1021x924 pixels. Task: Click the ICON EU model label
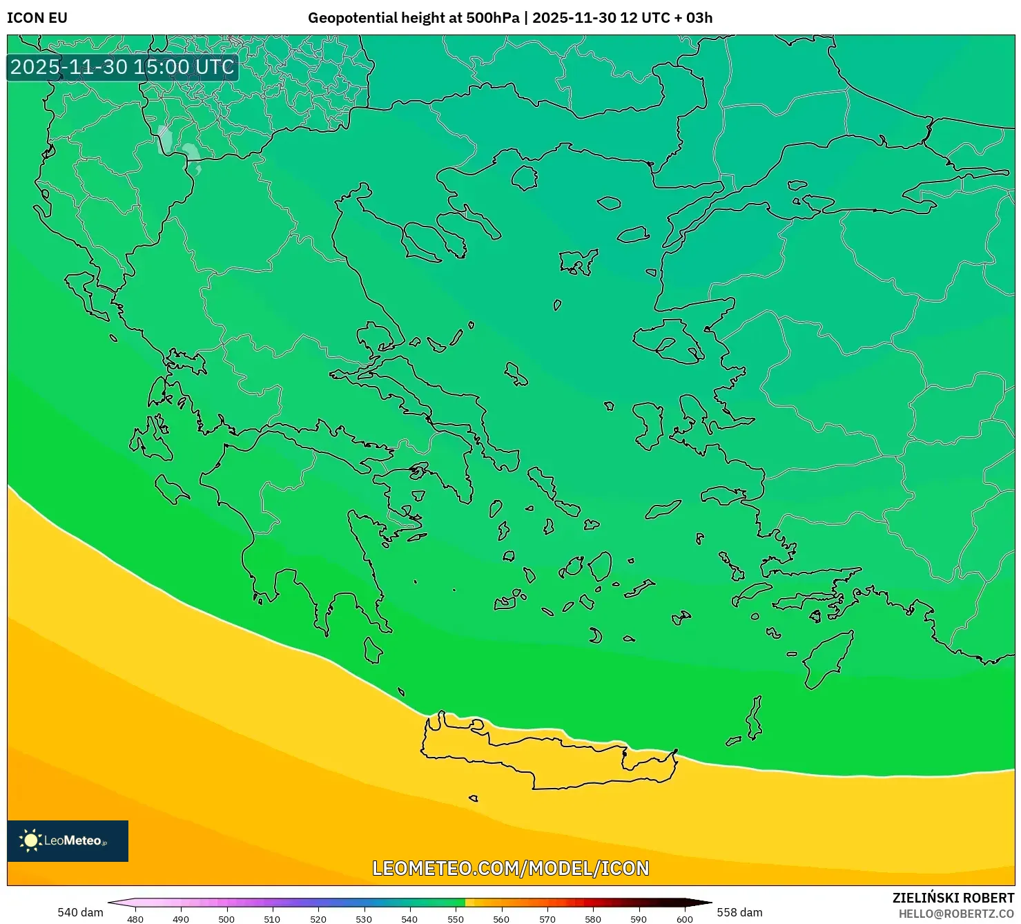(37, 18)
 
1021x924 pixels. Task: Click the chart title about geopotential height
(509, 18)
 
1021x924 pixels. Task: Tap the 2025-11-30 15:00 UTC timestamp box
(122, 67)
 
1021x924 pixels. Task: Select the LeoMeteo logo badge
(68, 840)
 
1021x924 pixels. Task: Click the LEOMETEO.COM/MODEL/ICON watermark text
(510, 868)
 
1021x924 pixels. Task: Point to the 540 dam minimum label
(80, 912)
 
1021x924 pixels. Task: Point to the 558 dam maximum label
(739, 912)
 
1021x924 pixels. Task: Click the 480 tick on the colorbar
(135, 919)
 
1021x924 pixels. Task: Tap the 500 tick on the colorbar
(226, 919)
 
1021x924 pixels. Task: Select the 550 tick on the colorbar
(456, 919)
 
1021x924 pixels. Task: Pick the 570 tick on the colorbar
(547, 919)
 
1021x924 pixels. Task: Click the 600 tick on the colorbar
(684, 919)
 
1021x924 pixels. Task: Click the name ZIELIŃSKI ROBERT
(953, 898)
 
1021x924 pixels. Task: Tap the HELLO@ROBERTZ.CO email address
(956, 914)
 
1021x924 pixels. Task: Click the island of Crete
(545, 756)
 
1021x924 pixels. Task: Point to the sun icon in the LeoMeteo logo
(31, 840)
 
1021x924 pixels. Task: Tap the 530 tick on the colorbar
(364, 919)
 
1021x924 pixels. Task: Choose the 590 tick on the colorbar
(639, 919)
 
